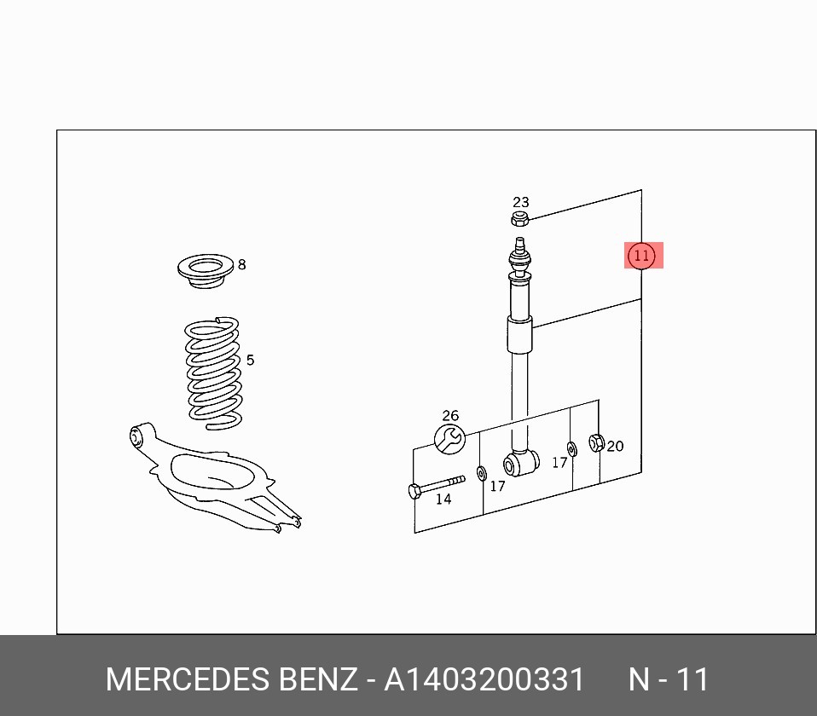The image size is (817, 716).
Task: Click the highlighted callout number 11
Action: (640, 256)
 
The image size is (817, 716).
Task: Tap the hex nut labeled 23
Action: (519, 219)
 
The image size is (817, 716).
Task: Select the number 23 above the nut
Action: (520, 202)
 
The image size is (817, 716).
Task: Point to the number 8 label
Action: (241, 264)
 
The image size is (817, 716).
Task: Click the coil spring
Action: (213, 372)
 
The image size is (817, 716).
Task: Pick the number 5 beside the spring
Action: (250, 360)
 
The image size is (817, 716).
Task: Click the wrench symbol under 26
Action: (449, 439)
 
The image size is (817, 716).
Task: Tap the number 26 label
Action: (450, 416)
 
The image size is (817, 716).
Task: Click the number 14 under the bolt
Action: (443, 499)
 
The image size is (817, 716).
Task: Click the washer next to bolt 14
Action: (482, 474)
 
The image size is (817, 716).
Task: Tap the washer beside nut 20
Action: (571, 449)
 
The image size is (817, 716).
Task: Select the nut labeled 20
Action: (597, 442)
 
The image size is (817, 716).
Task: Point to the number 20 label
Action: (616, 447)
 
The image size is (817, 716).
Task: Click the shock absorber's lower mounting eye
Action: (521, 463)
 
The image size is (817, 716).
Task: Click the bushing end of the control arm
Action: (137, 436)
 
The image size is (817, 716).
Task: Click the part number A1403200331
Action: (484, 679)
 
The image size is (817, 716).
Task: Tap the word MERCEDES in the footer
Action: (188, 679)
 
